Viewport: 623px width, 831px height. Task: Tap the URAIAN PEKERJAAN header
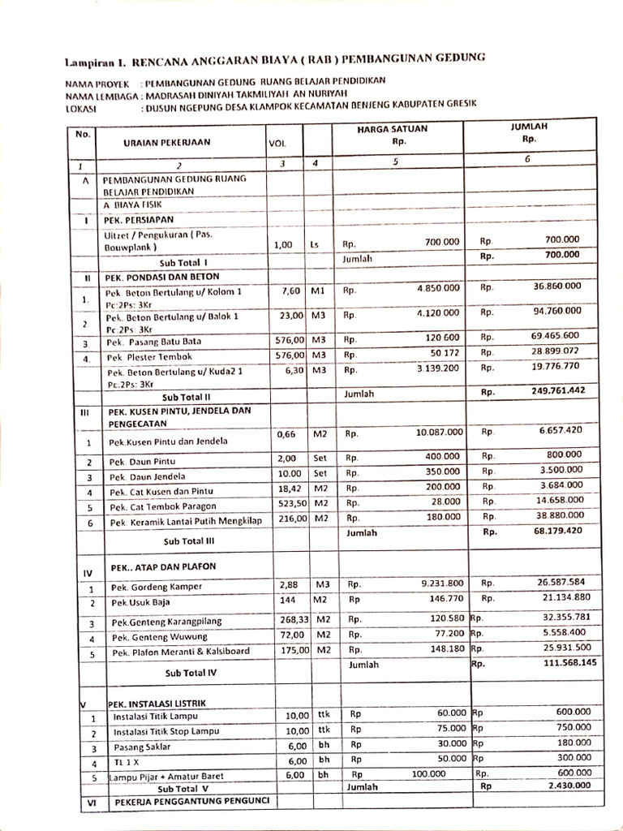(x=166, y=142)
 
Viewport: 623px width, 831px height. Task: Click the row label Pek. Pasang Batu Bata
(x=154, y=342)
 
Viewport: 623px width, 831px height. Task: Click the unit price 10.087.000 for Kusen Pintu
(x=439, y=433)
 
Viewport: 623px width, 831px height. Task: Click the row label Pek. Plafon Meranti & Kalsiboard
(x=181, y=652)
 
